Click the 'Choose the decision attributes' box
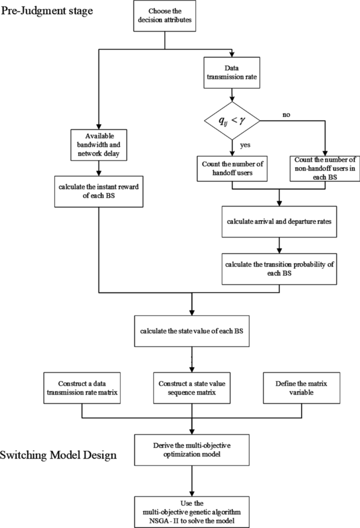point(166,18)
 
